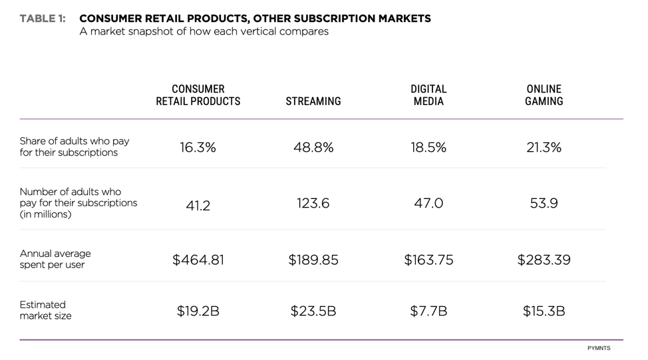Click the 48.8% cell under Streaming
(313, 148)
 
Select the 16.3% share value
(198, 148)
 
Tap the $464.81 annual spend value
(198, 260)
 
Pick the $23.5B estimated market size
(313, 311)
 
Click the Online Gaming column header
(544, 95)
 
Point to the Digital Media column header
(428, 95)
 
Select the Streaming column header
(313, 102)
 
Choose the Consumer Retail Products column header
(198, 95)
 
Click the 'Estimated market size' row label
(45, 310)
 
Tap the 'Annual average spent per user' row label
(55, 259)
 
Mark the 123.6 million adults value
(313, 204)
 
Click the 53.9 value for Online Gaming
(544, 204)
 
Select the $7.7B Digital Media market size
(428, 311)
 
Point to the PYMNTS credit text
(598, 348)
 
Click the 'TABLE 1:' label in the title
(43, 19)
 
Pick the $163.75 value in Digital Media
(428, 260)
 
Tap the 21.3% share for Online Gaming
(544, 148)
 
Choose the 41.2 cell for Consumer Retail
(198, 206)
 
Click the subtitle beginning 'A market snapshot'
(204, 32)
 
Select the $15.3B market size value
(544, 311)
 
